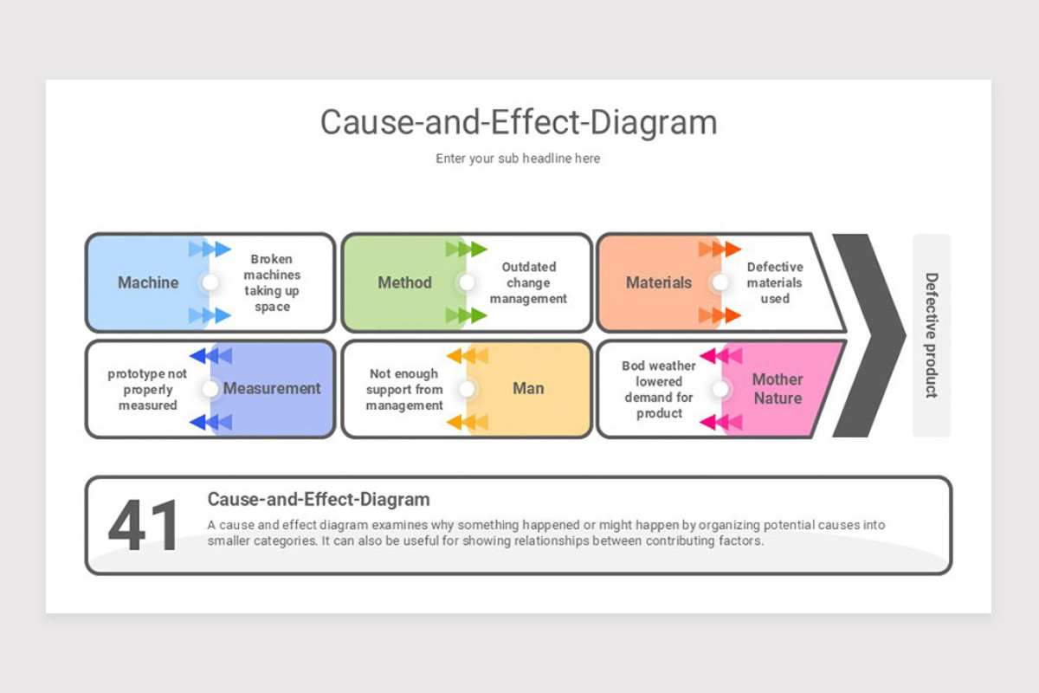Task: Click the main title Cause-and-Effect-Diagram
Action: coord(519,122)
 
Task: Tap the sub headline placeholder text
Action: coord(518,159)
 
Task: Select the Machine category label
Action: coord(148,282)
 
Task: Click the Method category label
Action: coord(404,282)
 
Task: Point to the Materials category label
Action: coord(659,282)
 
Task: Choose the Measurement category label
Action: coord(272,388)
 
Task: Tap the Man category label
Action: coord(528,388)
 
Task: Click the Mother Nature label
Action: coord(778,388)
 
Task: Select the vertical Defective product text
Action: coord(932,335)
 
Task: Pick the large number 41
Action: coord(143,526)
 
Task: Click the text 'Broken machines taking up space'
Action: coord(272,282)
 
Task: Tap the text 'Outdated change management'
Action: coord(528,282)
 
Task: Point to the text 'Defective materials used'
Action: coord(775,282)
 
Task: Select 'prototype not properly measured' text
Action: coord(147,390)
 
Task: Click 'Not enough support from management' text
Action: coord(404,390)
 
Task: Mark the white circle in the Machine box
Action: coord(210,282)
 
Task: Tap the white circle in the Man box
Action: coord(467,388)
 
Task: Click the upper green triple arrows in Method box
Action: coord(466,249)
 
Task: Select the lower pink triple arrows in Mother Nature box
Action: coord(720,423)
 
